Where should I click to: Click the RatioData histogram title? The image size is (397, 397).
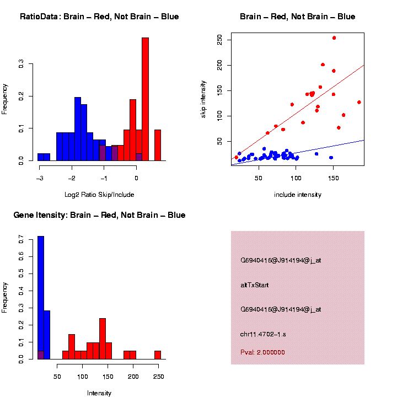99,17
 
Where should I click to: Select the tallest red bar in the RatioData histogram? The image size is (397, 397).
146,99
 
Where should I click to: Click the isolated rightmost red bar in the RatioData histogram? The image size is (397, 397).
158,145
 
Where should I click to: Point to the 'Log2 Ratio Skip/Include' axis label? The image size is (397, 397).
99,195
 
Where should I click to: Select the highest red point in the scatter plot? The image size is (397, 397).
334,38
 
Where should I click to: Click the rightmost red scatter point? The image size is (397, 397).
359,102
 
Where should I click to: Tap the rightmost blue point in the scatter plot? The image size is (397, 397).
331,158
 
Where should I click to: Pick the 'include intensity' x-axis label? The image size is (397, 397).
298,195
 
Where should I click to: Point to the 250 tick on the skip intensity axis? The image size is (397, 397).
219,40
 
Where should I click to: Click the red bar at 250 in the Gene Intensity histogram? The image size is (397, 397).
158,355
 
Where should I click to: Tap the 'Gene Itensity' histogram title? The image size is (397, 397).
99,215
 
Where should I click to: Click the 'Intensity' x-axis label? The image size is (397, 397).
99,393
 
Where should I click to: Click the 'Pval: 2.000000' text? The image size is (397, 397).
263,352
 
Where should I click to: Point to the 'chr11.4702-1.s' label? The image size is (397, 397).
263,334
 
